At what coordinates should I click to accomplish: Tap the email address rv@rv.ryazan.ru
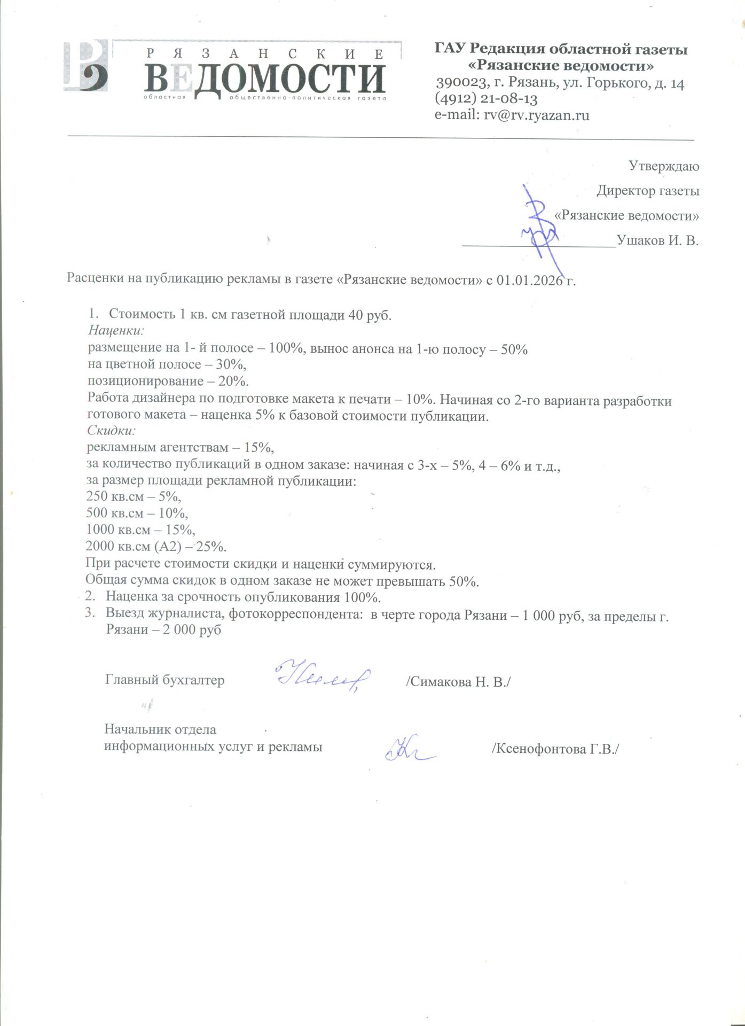[536, 115]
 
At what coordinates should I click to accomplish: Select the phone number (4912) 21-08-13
[486, 99]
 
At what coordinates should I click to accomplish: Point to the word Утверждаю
[663, 166]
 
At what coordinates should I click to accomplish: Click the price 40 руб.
[370, 315]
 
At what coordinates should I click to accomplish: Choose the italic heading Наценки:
[116, 331]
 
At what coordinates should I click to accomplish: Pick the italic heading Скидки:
[112, 430]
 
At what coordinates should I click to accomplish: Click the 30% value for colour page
[231, 364]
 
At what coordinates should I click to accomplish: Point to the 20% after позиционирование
[233, 382]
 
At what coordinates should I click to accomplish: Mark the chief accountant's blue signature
[322, 677]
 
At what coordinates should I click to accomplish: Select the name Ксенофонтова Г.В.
[555, 749]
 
